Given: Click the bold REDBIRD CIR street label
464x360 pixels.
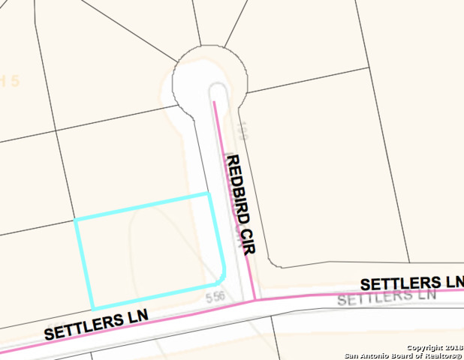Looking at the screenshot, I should (x=240, y=204).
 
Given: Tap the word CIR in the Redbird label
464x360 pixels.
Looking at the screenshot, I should (x=248, y=238).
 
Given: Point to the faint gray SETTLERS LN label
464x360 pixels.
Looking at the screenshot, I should (x=386, y=298).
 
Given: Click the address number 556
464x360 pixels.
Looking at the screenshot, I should (x=215, y=298).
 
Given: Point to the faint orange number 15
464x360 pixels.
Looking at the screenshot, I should (x=9, y=80).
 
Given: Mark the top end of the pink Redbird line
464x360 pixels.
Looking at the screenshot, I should (x=214, y=102).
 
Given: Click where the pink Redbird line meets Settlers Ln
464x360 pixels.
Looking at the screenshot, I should (x=256, y=299).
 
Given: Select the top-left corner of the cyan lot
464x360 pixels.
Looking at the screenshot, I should (x=75, y=220).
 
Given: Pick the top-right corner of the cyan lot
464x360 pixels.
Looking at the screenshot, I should (x=208, y=193).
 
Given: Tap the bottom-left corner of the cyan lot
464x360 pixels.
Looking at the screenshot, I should (x=93, y=308).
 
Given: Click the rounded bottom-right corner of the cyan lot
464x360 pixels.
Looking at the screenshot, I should (x=223, y=276).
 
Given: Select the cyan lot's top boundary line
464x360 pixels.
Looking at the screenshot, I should (x=143, y=207).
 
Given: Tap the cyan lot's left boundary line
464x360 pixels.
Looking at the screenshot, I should (x=84, y=265).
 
